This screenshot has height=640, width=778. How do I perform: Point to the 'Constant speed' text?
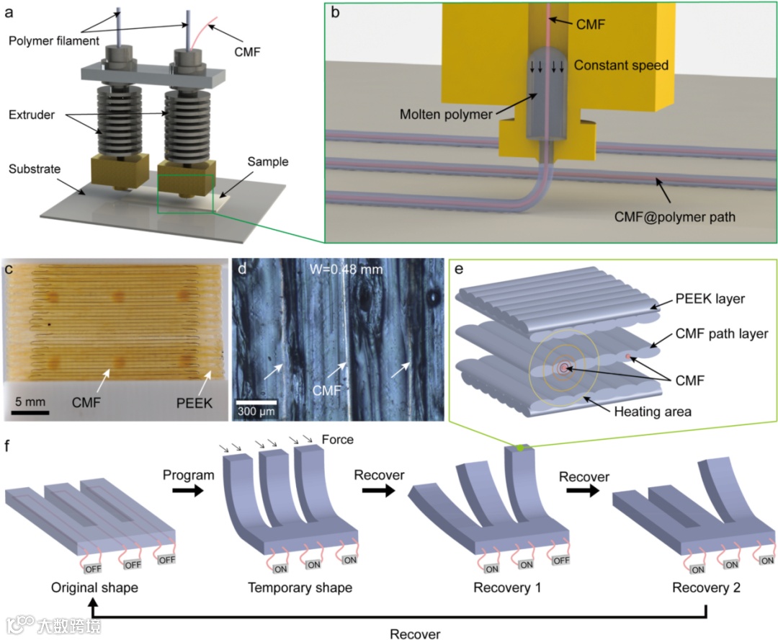[x=621, y=66]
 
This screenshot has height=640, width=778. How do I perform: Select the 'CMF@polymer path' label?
[x=676, y=215]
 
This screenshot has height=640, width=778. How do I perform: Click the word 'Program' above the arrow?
[x=189, y=476]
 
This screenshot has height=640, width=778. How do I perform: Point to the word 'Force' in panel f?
[x=337, y=439]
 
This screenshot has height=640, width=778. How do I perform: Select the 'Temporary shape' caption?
[x=300, y=587]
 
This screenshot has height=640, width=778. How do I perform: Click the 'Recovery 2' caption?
[x=705, y=587]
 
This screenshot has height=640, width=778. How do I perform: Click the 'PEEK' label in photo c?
[x=194, y=403]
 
